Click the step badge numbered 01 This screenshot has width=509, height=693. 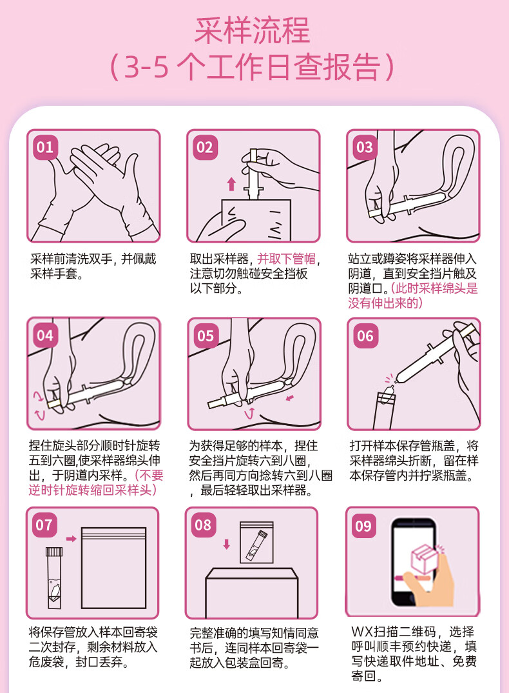pyautogui.click(x=45, y=147)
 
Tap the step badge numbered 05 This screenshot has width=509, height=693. pyautogui.click(x=206, y=336)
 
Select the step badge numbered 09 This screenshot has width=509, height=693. pyautogui.click(x=363, y=526)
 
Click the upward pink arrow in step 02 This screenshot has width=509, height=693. pyautogui.click(x=231, y=184)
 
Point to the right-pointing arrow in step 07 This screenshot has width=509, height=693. pyautogui.click(x=71, y=539)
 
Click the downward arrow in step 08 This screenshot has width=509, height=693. pyautogui.click(x=226, y=544)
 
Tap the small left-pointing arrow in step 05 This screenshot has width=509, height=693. pyautogui.click(x=289, y=398)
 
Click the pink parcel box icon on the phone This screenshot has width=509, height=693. pyautogui.click(x=423, y=558)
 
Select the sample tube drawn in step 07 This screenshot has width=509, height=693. pyautogui.click(x=54, y=578)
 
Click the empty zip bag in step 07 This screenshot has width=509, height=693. pyautogui.click(x=113, y=568)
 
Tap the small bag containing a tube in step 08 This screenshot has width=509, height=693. pyautogui.click(x=256, y=543)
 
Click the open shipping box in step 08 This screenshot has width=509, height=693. pyautogui.click(x=252, y=593)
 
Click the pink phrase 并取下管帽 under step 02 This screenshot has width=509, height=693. pyautogui.click(x=287, y=259)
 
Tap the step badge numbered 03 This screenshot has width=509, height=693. pyautogui.click(x=365, y=147)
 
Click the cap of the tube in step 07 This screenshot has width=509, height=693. pyautogui.click(x=54, y=552)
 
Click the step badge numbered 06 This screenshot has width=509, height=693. pyautogui.click(x=365, y=336)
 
